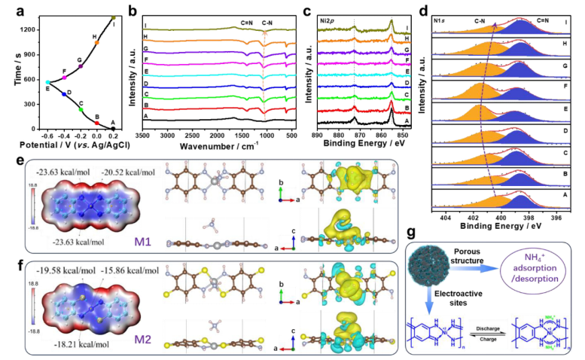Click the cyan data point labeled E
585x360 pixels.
pos(48,82)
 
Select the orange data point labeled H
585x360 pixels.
pos(96,42)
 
